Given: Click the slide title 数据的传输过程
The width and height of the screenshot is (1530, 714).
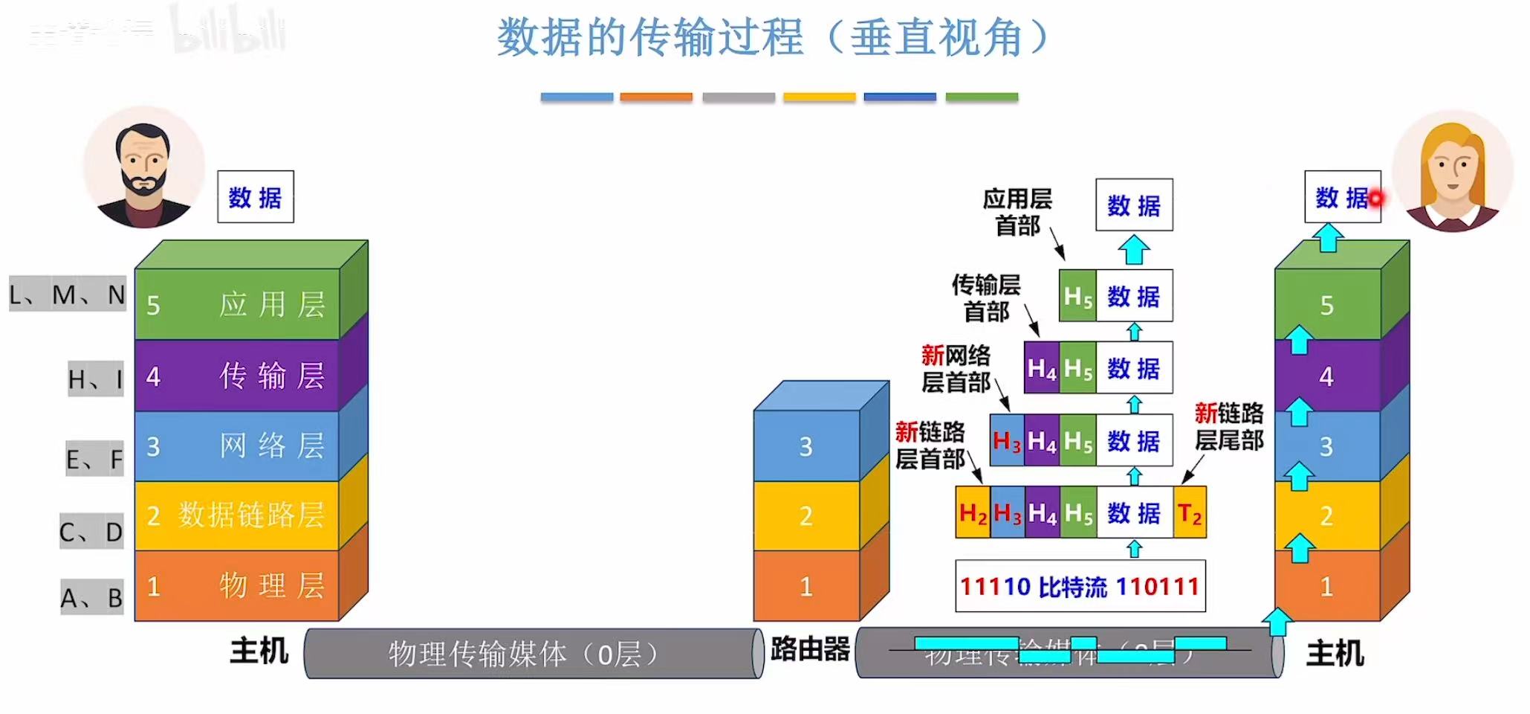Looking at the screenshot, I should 773,37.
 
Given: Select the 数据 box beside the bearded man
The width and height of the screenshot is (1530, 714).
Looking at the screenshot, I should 255,197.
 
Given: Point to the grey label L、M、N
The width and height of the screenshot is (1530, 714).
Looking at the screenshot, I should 67,295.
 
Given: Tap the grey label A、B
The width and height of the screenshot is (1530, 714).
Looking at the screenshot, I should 91,598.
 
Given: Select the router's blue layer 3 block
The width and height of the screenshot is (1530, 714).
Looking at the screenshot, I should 807,446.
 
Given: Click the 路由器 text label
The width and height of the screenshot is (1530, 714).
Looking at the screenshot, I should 810,649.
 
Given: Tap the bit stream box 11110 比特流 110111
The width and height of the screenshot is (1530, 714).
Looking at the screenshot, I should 1080,587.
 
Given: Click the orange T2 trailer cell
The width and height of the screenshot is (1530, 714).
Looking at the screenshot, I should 1190,512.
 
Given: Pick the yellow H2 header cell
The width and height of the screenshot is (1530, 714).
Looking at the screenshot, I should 973,512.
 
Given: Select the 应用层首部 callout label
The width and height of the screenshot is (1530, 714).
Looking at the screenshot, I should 1017,212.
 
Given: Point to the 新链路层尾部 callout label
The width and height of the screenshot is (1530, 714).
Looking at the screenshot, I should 1229,426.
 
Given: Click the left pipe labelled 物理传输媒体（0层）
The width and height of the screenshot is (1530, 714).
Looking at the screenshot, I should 533,654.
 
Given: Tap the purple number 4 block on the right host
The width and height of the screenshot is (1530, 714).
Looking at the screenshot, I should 1327,376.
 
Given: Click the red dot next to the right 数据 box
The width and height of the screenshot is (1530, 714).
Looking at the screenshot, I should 1375,199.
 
